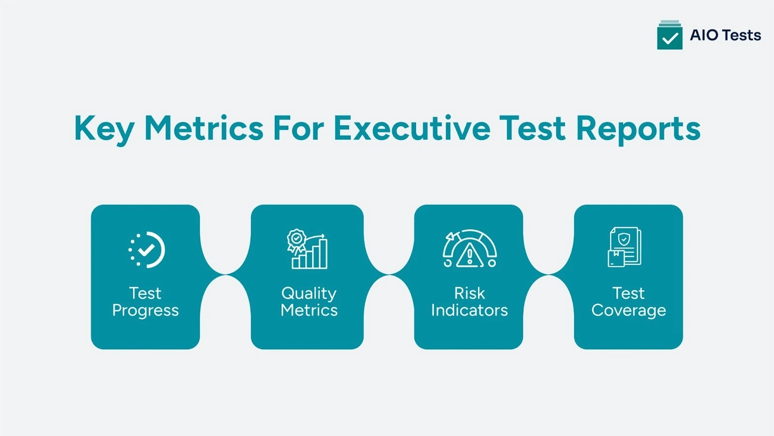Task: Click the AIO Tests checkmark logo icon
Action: click(670, 35)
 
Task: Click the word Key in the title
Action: click(104, 129)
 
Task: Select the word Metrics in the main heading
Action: click(204, 129)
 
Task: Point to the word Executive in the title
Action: click(412, 129)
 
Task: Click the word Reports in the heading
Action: click(638, 129)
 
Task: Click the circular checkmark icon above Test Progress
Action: click(146, 250)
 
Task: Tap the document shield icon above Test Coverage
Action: click(625, 247)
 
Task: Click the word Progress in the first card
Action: click(145, 311)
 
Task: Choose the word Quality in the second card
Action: click(309, 294)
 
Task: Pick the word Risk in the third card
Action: click(469, 293)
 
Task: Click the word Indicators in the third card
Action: click(469, 310)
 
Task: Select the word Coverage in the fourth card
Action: click(628, 310)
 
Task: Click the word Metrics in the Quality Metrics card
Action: click(309, 310)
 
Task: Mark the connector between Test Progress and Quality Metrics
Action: click(225, 275)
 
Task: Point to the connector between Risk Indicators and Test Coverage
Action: click(549, 275)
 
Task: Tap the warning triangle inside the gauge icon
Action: click(469, 255)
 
